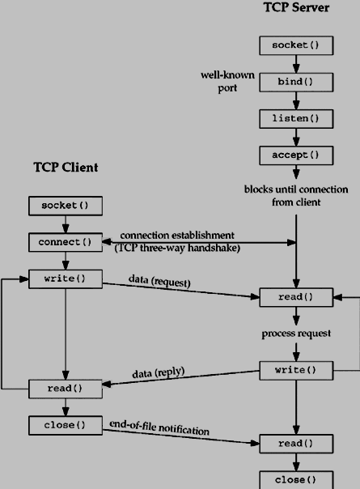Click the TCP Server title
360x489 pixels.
296,8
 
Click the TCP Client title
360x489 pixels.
66,168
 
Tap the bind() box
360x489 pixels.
295,82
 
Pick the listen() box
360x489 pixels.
295,118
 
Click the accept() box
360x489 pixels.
295,155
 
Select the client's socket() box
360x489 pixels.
66,206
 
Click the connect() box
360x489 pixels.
66,242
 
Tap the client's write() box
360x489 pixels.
66,279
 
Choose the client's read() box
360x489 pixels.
66,389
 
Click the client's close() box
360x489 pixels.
66,425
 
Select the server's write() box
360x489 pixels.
295,370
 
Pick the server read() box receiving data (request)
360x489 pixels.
295,297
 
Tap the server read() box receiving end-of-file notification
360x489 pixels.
295,443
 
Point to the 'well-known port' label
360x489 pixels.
227,82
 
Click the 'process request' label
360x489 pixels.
296,334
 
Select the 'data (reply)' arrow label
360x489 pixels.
159,373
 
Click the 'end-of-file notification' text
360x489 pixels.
159,427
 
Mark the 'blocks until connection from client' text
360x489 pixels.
295,195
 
